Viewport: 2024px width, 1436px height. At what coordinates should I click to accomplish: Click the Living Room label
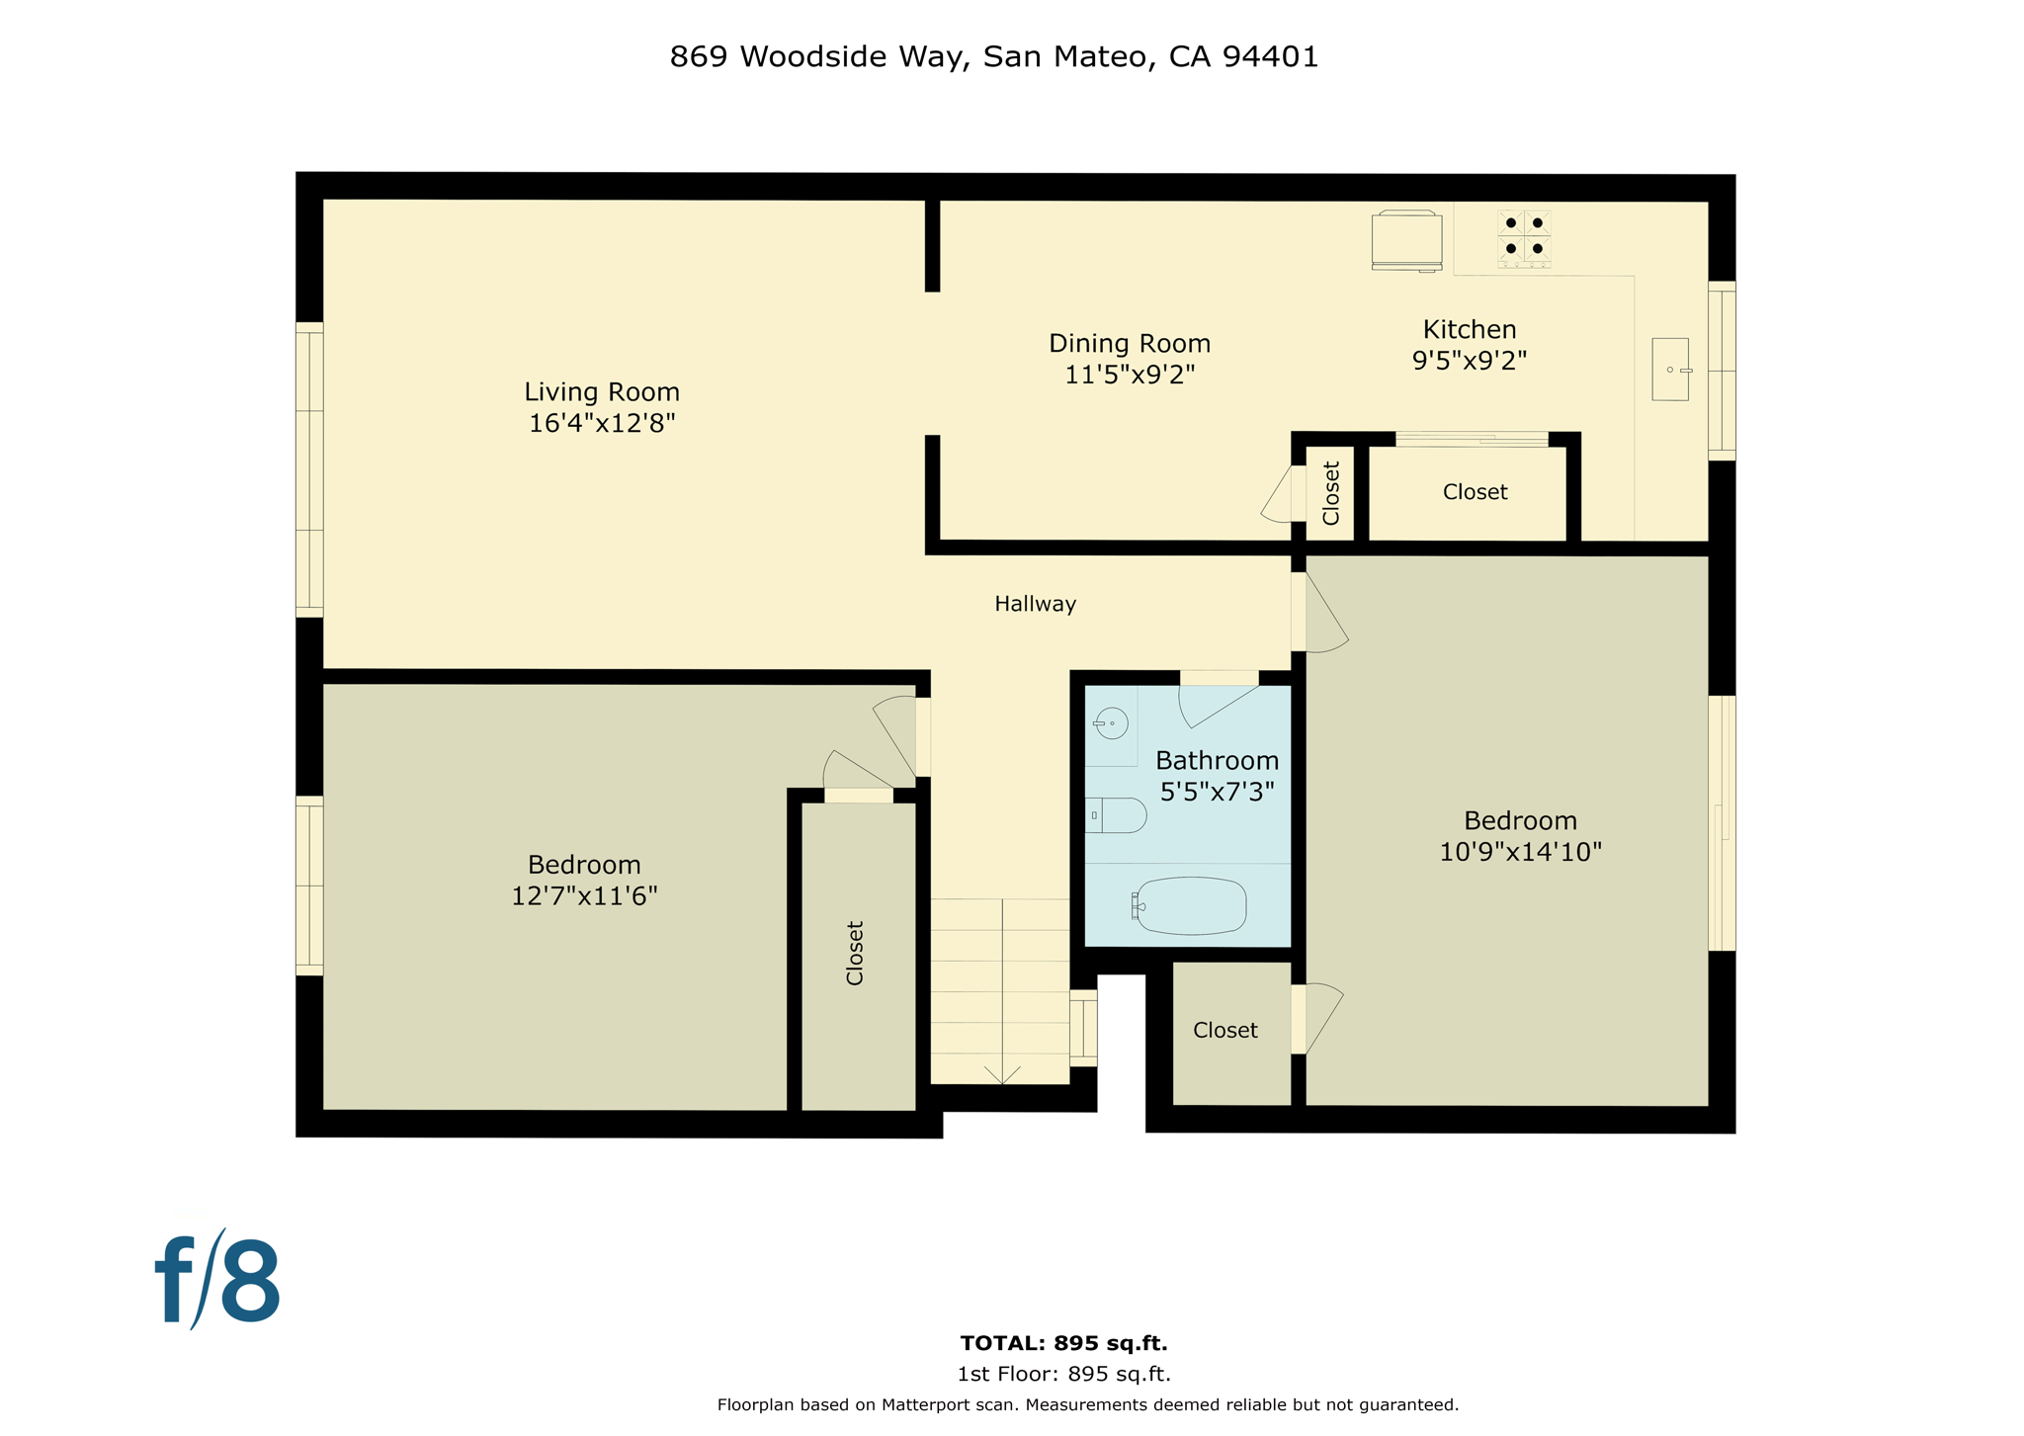[601, 392]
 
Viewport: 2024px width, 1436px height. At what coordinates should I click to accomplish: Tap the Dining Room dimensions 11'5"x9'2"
[1129, 375]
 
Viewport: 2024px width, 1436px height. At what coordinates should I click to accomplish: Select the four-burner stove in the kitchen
[1523, 237]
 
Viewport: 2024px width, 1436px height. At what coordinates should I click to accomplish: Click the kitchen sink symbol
[1669, 370]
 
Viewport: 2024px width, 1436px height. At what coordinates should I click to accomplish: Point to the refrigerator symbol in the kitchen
[1405, 240]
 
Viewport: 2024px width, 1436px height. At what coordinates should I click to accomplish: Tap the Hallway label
[1035, 604]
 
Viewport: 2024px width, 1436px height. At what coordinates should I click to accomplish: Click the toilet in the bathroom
[1117, 815]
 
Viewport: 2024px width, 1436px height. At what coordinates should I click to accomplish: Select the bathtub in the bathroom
[1190, 905]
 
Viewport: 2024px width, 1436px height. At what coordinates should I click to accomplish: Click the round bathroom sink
[1111, 723]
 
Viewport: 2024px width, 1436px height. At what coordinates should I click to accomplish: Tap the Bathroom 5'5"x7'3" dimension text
[1217, 792]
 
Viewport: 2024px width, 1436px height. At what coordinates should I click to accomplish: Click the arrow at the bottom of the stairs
[1002, 1074]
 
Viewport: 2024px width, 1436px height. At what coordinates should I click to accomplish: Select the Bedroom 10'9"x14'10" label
[1519, 836]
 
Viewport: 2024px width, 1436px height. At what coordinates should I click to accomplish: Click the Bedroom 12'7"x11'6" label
[584, 881]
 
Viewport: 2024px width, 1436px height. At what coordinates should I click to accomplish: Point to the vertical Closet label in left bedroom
[855, 953]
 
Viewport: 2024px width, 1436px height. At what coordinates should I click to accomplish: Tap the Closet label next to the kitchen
[1474, 492]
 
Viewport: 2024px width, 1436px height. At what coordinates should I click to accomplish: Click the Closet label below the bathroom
[1224, 1030]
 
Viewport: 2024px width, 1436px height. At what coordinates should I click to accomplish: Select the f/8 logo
[218, 1281]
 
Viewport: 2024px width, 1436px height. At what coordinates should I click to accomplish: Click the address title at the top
[993, 57]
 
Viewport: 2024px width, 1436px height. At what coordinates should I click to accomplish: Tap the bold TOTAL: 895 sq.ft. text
[1063, 1343]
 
